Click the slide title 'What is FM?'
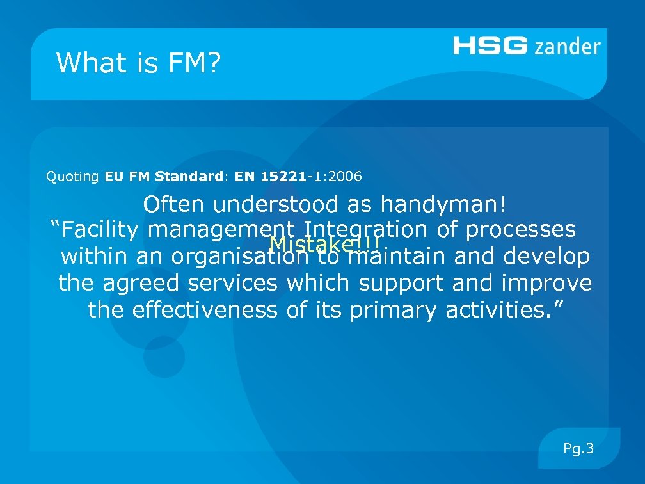click(138, 63)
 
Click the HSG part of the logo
click(490, 46)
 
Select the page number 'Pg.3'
click(578, 448)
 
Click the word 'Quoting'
click(72, 176)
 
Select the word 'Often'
click(174, 205)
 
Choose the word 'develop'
click(547, 257)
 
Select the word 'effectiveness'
click(205, 310)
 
